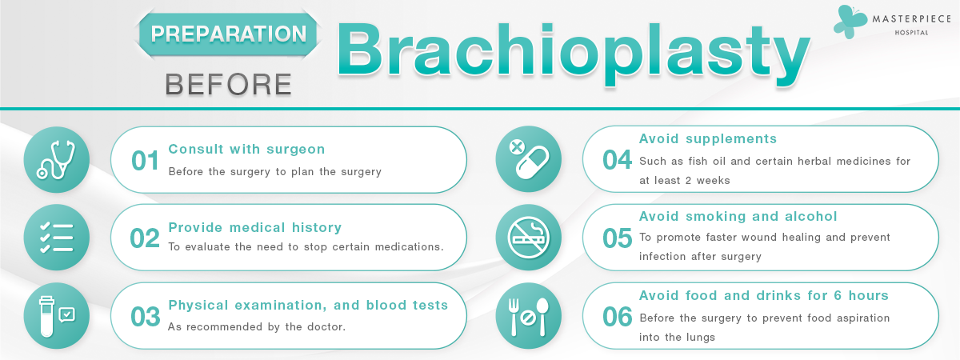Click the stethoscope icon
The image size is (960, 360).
click(x=56, y=159)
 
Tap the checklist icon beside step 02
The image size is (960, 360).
click(x=57, y=238)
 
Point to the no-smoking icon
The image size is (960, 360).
click(x=529, y=238)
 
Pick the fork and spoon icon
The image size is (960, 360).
click(x=529, y=316)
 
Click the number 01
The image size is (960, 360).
click(x=145, y=161)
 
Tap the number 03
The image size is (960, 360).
click(x=146, y=317)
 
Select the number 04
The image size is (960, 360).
click(x=617, y=160)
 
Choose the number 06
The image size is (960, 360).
click(x=617, y=317)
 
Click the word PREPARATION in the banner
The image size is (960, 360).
click(x=229, y=34)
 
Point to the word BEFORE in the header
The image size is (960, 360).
click(x=229, y=84)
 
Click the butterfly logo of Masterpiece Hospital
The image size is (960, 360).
click(x=850, y=22)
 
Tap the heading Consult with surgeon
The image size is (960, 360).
click(x=246, y=149)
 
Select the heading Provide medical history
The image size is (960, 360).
click(x=255, y=227)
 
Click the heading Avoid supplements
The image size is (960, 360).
click(x=707, y=139)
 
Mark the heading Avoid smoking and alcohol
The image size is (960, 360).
click(x=738, y=217)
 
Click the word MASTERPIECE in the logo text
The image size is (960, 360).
click(x=911, y=19)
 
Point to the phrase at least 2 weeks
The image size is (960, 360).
click(x=685, y=181)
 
